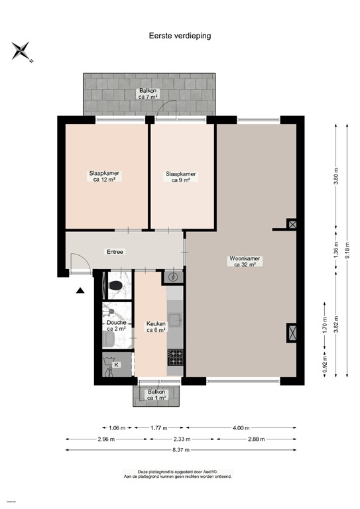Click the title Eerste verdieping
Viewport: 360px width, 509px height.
(180, 36)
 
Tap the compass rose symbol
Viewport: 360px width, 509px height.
(21, 50)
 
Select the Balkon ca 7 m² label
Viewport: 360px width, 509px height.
(148, 93)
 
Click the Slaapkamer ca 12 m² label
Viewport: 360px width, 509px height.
(105, 176)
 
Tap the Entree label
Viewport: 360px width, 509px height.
(115, 252)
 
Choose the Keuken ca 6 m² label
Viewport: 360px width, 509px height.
(156, 327)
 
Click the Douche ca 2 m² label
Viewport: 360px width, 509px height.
(116, 325)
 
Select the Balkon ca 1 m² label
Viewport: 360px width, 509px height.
(156, 395)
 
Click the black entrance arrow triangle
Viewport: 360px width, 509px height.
(80, 290)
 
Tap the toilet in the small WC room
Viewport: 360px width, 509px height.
(116, 286)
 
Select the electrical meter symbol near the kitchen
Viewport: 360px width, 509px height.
(174, 277)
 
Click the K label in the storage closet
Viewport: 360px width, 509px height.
(117, 365)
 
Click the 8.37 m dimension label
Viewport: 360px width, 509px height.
(180, 449)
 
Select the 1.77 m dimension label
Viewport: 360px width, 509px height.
(158, 427)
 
